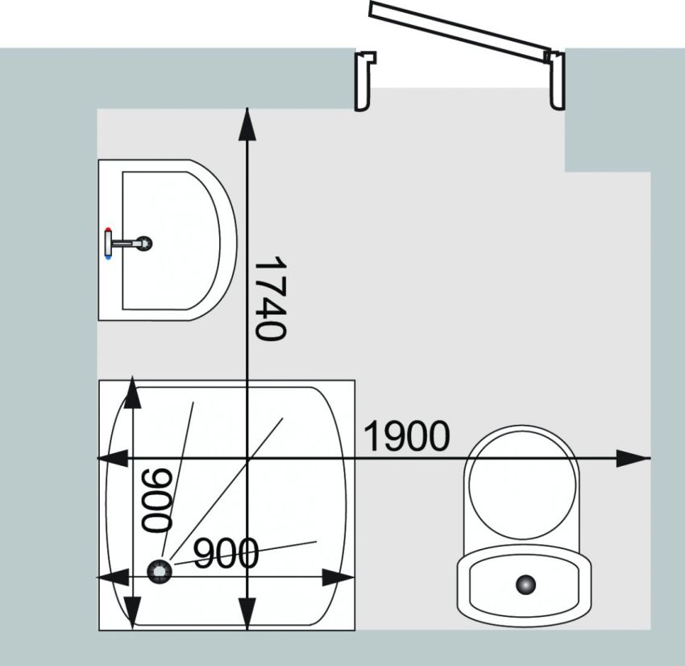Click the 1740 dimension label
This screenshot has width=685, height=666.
tap(271, 298)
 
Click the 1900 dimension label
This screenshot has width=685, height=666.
tap(406, 435)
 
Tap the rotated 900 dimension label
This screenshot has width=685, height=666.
tap(157, 500)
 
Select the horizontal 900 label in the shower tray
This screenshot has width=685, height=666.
tap(226, 553)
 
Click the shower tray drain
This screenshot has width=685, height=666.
tap(160, 571)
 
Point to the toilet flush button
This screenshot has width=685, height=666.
tap(526, 585)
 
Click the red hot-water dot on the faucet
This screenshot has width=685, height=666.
tap(108, 230)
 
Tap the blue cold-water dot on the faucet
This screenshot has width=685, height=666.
tap(108, 257)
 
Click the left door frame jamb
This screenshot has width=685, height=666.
tap(364, 81)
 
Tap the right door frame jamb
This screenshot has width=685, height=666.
tap(555, 81)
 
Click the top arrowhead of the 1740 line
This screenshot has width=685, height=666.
tap(247, 125)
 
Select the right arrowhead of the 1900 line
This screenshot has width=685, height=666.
tap(633, 458)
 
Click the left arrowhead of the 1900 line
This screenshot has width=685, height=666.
tap(113, 458)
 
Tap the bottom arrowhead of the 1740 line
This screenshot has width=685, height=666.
tap(247, 614)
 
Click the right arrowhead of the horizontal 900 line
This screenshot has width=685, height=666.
tap(338, 577)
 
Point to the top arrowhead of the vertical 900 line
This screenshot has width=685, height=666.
tap(132, 392)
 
